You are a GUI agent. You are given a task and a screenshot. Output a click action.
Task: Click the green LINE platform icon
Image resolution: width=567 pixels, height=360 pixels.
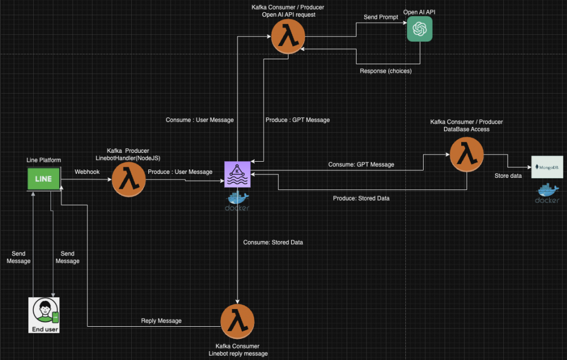pos(44,179)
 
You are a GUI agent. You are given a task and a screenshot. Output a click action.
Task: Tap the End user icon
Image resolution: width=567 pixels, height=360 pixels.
pos(44,315)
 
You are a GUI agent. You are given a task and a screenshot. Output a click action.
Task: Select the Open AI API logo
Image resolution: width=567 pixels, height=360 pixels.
pos(419,29)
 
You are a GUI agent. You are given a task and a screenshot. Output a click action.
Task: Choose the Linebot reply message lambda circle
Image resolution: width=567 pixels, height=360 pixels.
pos(237,321)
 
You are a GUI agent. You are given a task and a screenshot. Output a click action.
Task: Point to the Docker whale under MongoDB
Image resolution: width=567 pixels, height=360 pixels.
pos(547,194)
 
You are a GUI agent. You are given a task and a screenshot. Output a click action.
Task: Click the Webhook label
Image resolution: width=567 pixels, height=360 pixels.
pos(86,172)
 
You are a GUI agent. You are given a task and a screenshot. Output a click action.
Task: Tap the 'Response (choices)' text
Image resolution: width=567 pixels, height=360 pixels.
pos(385,71)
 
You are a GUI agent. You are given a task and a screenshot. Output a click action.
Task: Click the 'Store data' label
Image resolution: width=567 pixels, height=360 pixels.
pos(508,176)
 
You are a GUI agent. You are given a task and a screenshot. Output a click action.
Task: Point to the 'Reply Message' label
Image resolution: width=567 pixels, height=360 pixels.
pos(161,321)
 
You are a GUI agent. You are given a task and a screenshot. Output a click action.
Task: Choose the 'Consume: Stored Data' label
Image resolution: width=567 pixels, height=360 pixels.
pos(273,243)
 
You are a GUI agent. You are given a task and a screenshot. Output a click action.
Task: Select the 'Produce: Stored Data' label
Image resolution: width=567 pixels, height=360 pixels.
pos(361,198)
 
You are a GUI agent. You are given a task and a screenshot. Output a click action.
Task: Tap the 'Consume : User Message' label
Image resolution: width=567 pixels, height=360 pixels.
pos(200,120)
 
